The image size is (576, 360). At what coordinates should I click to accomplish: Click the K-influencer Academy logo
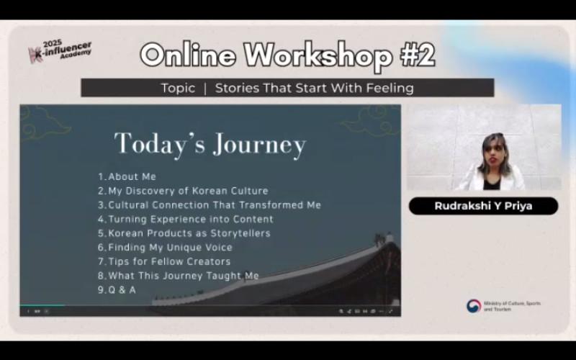click(x=60, y=51)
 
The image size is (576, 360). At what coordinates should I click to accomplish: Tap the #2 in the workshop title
click(x=418, y=55)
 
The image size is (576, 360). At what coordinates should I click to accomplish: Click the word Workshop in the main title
click(x=318, y=55)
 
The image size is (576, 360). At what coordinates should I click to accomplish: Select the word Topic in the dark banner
click(x=178, y=88)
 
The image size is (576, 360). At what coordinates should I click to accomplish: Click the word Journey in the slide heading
click(x=259, y=145)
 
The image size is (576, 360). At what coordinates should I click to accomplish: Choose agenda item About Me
click(x=127, y=176)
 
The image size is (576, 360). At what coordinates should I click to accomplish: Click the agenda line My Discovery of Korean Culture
click(x=183, y=191)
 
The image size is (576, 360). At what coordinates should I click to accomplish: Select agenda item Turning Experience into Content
click(x=186, y=220)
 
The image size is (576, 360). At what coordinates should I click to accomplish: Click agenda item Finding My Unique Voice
click(x=165, y=248)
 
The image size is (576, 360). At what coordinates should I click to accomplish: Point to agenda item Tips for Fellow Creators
click(x=164, y=261)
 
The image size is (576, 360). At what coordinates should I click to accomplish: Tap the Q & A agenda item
click(x=117, y=290)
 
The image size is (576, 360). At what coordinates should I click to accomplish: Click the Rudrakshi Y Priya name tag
click(x=483, y=206)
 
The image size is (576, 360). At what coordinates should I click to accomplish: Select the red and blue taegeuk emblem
click(x=474, y=306)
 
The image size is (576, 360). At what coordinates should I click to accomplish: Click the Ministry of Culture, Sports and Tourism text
click(x=512, y=307)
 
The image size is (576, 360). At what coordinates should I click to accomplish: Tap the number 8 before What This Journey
click(x=102, y=276)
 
